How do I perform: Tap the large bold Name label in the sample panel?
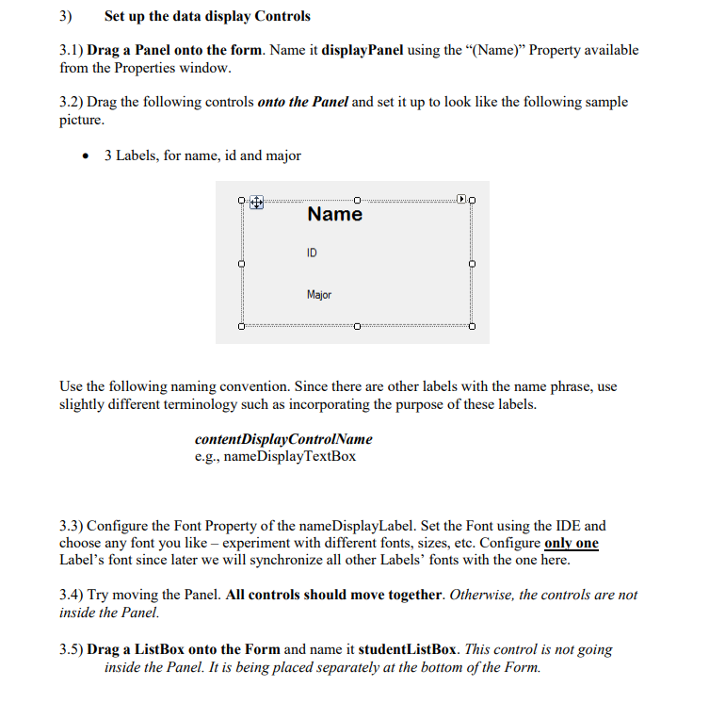point(334,214)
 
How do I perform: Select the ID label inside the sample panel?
point(313,253)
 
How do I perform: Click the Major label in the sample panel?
point(319,295)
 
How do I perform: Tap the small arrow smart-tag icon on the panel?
point(460,200)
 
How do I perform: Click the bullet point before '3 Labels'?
point(88,155)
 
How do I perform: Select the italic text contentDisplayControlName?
point(282,439)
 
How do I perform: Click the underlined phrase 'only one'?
point(572,544)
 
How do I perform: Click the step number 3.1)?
point(71,50)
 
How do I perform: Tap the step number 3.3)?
point(71,526)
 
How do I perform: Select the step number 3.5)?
point(71,649)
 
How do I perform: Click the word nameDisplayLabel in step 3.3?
point(362,526)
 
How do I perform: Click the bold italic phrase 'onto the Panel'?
point(302,102)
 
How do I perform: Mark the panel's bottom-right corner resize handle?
point(472,328)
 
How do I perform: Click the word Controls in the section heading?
point(279,16)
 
